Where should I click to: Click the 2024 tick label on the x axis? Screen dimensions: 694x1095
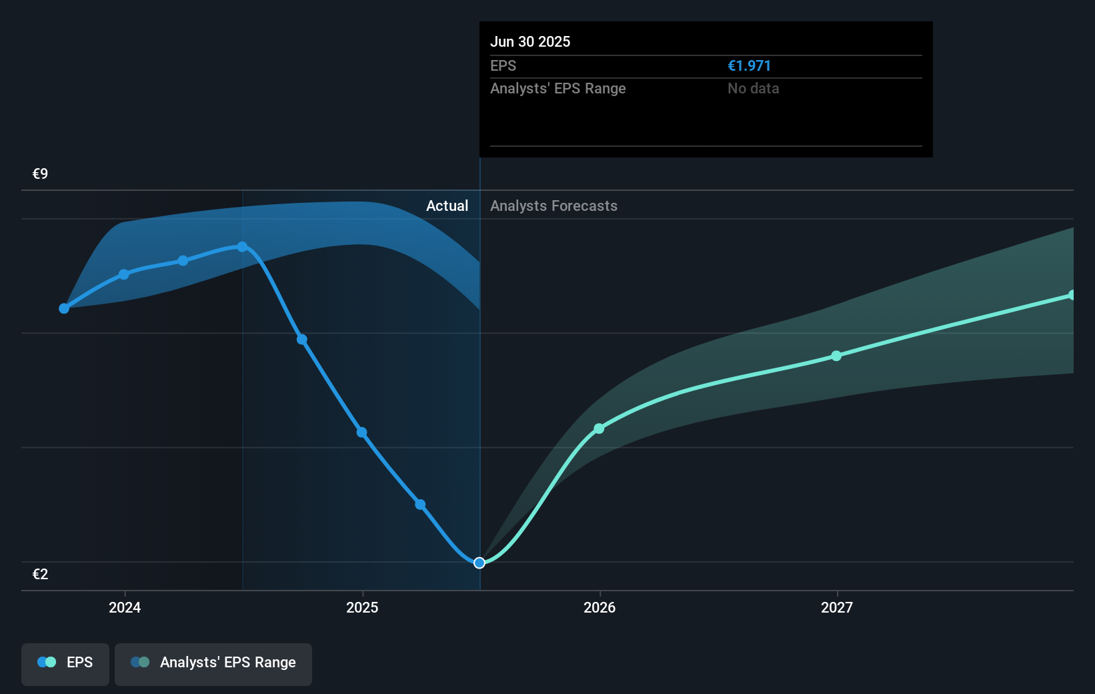tap(125, 607)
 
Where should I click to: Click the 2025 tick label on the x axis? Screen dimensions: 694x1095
tap(362, 607)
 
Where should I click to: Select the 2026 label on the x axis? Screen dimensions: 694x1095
tap(600, 607)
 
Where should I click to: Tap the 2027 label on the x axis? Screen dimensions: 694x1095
tap(837, 607)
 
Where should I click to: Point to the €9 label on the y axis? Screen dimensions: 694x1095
tap(41, 174)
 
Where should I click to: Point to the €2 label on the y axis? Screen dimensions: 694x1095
tap(41, 575)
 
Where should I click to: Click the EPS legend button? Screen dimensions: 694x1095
tap(65, 663)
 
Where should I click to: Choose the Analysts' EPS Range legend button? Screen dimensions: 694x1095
tap(213, 663)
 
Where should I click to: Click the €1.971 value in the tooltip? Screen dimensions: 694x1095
tap(749, 66)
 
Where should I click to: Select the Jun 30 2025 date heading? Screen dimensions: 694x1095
tap(530, 41)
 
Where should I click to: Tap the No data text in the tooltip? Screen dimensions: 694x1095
tap(753, 89)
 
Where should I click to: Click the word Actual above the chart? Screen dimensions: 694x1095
tap(447, 206)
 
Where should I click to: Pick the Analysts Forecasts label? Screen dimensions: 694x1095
tap(554, 206)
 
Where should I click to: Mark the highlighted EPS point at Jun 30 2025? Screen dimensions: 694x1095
tap(479, 563)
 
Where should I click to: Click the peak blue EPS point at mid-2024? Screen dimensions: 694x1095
tap(243, 247)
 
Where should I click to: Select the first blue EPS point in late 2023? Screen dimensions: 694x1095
tap(64, 308)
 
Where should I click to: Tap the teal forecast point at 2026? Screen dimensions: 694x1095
tap(599, 428)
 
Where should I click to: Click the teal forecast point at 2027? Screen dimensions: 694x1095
tap(836, 356)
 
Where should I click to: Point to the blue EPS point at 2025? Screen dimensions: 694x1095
tap(361, 432)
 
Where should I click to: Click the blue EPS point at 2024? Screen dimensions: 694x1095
tap(124, 274)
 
